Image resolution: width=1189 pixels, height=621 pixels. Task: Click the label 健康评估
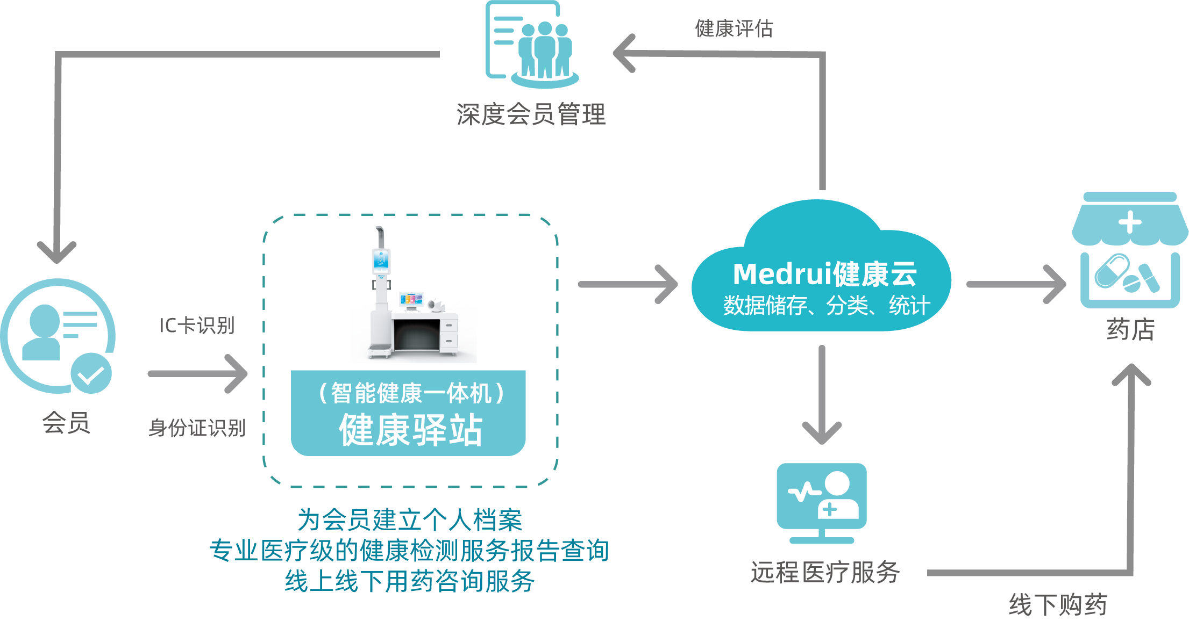point(734,28)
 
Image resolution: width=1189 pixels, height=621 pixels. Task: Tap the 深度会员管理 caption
point(531,114)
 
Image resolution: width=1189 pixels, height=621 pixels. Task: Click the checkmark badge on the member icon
point(91,373)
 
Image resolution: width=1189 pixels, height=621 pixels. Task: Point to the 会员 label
point(66,423)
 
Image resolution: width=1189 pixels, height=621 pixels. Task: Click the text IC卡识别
point(197,326)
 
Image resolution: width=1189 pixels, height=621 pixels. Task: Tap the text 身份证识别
point(197,428)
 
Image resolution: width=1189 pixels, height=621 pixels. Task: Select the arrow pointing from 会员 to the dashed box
point(198,374)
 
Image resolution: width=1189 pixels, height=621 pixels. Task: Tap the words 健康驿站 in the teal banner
point(410,430)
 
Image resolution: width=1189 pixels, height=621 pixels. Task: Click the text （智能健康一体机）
point(411,393)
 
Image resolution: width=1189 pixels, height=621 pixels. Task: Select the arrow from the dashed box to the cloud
point(628,284)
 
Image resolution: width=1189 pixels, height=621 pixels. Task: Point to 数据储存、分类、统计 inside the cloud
point(826,306)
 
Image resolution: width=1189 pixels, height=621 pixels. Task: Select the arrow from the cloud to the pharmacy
point(1015,284)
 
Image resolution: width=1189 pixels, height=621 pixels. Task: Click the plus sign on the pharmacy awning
point(1129,222)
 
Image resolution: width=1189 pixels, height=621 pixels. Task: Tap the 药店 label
point(1130,329)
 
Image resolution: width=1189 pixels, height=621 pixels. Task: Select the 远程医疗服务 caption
point(825,572)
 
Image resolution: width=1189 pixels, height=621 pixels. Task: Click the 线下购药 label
point(1057,605)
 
